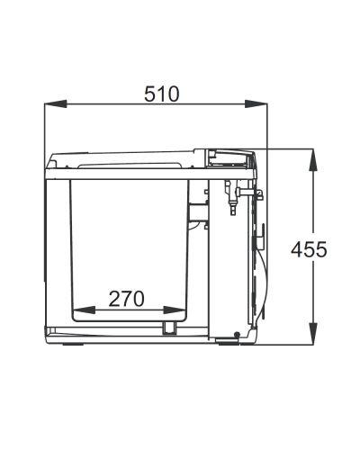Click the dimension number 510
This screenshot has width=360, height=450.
point(162,94)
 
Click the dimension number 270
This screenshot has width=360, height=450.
point(129,298)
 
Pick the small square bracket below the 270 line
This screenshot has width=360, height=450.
point(169,326)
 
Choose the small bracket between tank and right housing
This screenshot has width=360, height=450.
point(197,209)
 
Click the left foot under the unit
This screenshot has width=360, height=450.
point(72,344)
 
